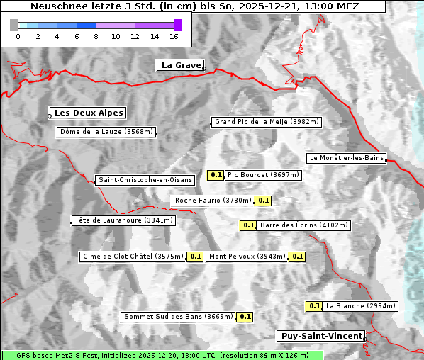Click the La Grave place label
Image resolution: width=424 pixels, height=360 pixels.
(180, 65)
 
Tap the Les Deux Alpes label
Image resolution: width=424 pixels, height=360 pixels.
(89, 113)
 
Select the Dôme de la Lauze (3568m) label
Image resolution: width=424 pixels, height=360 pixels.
(106, 132)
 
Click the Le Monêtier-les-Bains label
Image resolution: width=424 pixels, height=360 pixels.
(346, 158)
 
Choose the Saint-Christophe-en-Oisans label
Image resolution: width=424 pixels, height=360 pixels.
(145, 180)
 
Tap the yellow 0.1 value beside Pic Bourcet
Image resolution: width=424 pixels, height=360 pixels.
(216, 175)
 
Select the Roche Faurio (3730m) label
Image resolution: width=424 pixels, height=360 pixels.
(213, 201)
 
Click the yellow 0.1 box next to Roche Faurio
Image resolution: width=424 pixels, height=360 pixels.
(263, 201)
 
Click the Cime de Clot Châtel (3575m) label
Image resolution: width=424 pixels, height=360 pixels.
(133, 257)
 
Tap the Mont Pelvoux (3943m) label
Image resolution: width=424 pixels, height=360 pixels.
(247, 257)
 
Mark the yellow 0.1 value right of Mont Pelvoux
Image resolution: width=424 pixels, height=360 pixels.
(297, 257)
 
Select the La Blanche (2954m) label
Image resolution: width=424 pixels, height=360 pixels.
(360, 306)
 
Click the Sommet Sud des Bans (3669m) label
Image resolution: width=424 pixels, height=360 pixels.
(178, 317)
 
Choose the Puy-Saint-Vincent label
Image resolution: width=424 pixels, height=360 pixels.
(321, 336)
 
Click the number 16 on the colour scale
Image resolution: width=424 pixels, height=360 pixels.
(174, 35)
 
